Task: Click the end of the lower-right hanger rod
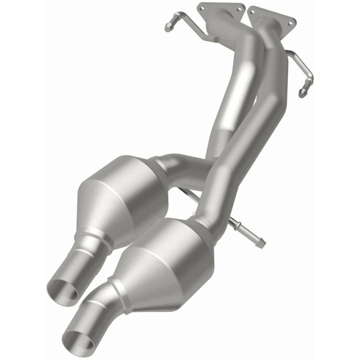262,245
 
